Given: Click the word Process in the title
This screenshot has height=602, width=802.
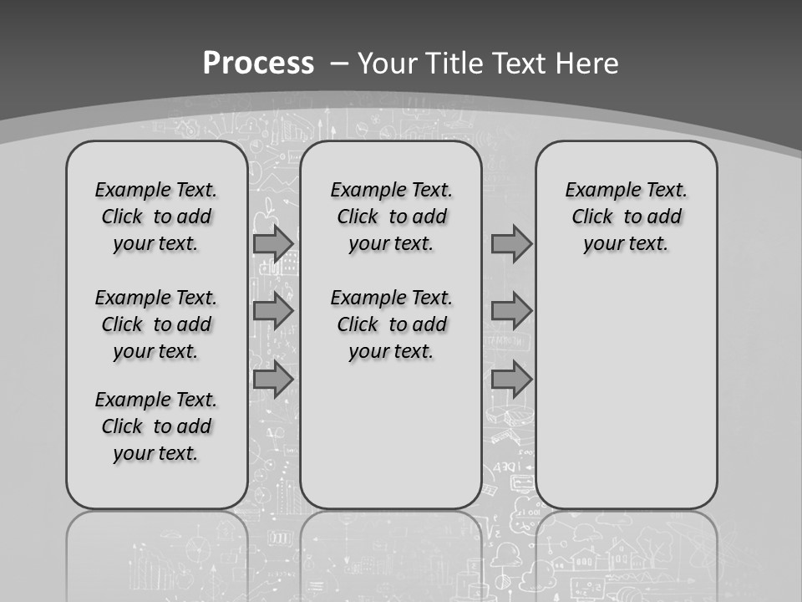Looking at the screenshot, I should (258, 63).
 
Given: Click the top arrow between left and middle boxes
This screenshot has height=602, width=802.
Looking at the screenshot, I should (273, 244).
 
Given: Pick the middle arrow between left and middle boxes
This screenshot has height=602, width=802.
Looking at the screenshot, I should (273, 312).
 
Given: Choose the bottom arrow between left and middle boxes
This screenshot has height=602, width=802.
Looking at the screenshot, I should (273, 380).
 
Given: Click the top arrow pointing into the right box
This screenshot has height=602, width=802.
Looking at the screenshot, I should (511, 244).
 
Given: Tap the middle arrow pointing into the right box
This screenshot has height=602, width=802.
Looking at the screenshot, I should (511, 312).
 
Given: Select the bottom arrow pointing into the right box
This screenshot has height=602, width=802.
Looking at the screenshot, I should (511, 380).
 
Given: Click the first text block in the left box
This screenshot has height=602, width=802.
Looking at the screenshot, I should (156, 217).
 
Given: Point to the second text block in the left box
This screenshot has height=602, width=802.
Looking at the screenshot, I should (156, 324).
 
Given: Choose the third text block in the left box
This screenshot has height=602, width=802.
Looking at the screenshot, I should (156, 426).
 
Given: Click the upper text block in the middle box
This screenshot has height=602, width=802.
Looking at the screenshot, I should (391, 217).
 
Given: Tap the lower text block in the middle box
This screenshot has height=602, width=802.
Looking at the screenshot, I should (391, 324).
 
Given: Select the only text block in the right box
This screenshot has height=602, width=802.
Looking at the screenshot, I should (626, 217).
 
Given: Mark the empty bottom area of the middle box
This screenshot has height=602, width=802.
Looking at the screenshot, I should (391, 443).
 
